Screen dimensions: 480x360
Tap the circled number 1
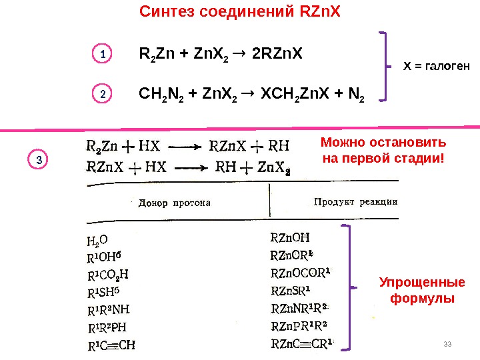point(102,54)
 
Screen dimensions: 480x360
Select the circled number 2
point(102,95)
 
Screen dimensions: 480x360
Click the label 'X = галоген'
point(437,66)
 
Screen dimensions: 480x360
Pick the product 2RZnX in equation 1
point(278,53)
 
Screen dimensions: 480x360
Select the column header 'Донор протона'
point(174,203)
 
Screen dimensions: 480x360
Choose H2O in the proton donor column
point(97,240)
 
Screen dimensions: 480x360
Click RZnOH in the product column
point(291,237)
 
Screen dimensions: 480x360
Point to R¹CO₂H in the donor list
point(108,275)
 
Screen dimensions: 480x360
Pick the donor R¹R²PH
point(107,328)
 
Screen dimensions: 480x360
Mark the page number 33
point(447,343)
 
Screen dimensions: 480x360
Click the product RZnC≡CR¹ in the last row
point(301,344)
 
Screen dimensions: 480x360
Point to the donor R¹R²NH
point(109,310)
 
